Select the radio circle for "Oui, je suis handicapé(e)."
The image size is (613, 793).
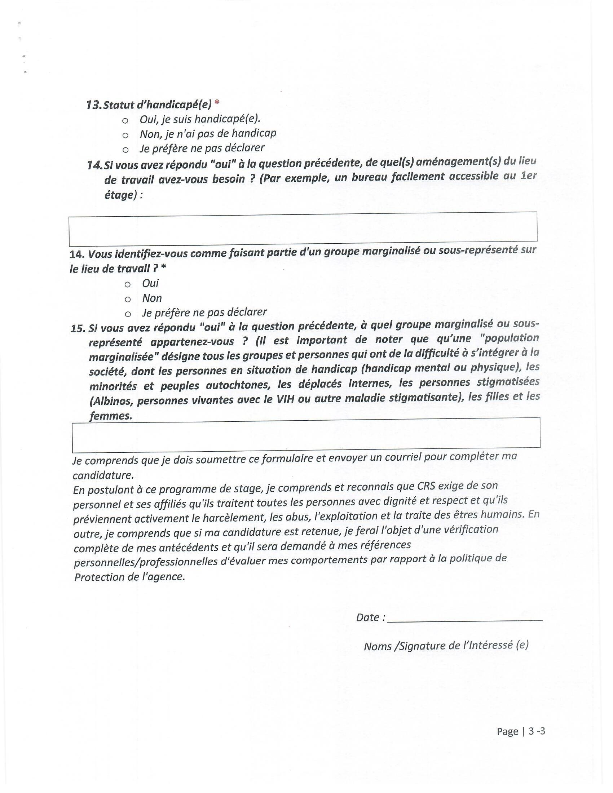tap(125, 120)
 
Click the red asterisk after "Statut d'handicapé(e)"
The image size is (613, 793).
tap(217, 103)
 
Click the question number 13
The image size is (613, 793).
tap(94, 105)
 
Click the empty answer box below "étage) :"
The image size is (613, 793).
tap(303, 229)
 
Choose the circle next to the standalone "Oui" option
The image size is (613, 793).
tap(127, 285)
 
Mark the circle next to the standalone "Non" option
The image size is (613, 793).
tap(127, 300)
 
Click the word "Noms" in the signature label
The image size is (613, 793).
tap(377, 647)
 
